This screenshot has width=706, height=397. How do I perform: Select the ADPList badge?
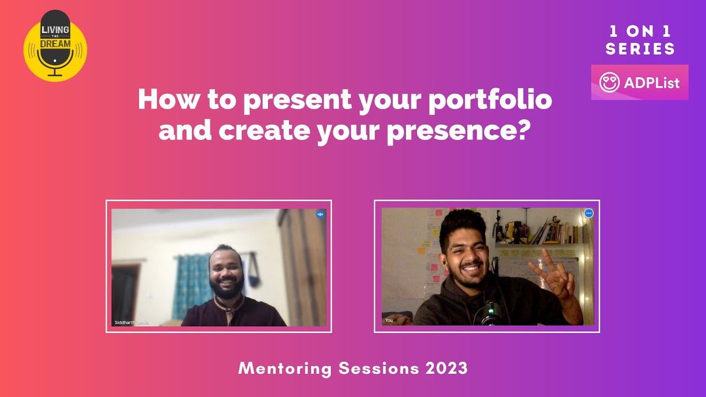[x=640, y=82]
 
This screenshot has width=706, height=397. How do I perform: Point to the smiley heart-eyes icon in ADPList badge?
[x=609, y=83]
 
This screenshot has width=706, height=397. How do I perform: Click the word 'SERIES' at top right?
[x=640, y=49]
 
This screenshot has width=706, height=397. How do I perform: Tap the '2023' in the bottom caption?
[x=446, y=368]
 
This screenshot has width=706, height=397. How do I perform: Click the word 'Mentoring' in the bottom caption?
[x=285, y=368]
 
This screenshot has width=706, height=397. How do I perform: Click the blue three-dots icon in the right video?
[x=589, y=213]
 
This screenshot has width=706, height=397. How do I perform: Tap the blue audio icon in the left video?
[x=320, y=214]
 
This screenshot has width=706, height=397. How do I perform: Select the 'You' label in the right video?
[x=389, y=320]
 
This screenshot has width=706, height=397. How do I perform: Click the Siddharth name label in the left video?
[x=131, y=322]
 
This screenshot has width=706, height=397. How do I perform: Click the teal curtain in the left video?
[x=190, y=284]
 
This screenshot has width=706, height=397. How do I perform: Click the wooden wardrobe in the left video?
[x=302, y=265]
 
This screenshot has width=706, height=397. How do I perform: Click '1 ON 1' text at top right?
[x=640, y=31]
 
